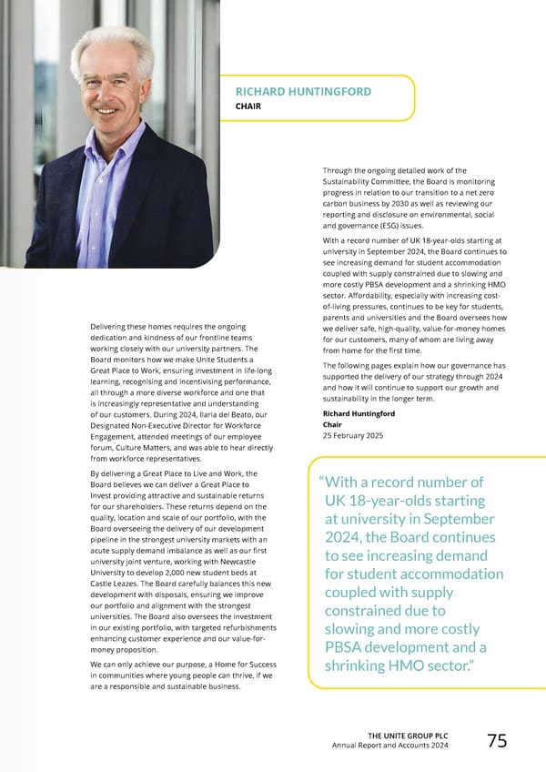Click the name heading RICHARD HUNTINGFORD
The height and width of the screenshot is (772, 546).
coord(303,91)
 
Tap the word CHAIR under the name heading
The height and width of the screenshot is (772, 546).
coord(248,107)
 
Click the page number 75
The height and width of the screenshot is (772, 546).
coord(497,741)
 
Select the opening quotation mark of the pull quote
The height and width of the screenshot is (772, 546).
coord(322,483)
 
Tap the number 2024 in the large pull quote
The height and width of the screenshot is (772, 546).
coord(349,537)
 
